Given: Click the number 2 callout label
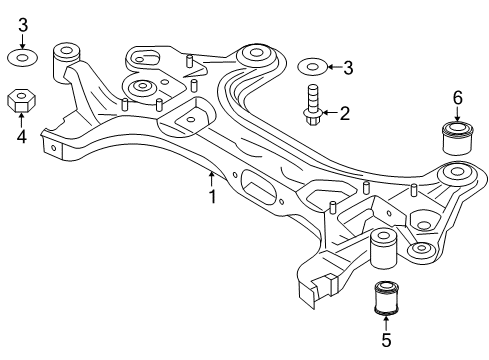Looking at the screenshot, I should coord(345,114).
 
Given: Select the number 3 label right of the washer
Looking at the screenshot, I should coord(347,68).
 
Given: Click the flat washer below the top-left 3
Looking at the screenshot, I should coord(22,58).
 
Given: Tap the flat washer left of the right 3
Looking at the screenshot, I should coord(311,68).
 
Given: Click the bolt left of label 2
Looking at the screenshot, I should coord(312,105).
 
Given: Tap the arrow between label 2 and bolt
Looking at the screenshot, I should coord(330,114).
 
